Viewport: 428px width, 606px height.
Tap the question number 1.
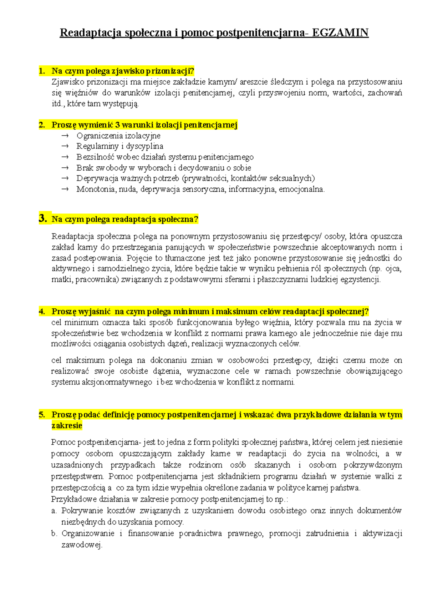pyautogui.click(x=42, y=71)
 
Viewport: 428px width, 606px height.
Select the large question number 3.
pyautogui.click(x=43, y=218)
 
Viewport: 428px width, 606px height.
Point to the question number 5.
pyautogui.click(x=42, y=415)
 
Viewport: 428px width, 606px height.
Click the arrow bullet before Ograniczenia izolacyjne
pyautogui.click(x=65, y=136)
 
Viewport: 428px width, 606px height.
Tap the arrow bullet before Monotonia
pyautogui.click(x=65, y=189)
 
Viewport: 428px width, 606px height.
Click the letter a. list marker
pyautogui.click(x=54, y=511)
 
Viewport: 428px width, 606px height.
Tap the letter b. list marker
pyautogui.click(x=54, y=534)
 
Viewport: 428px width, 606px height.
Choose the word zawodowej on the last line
pyautogui.click(x=82, y=545)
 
